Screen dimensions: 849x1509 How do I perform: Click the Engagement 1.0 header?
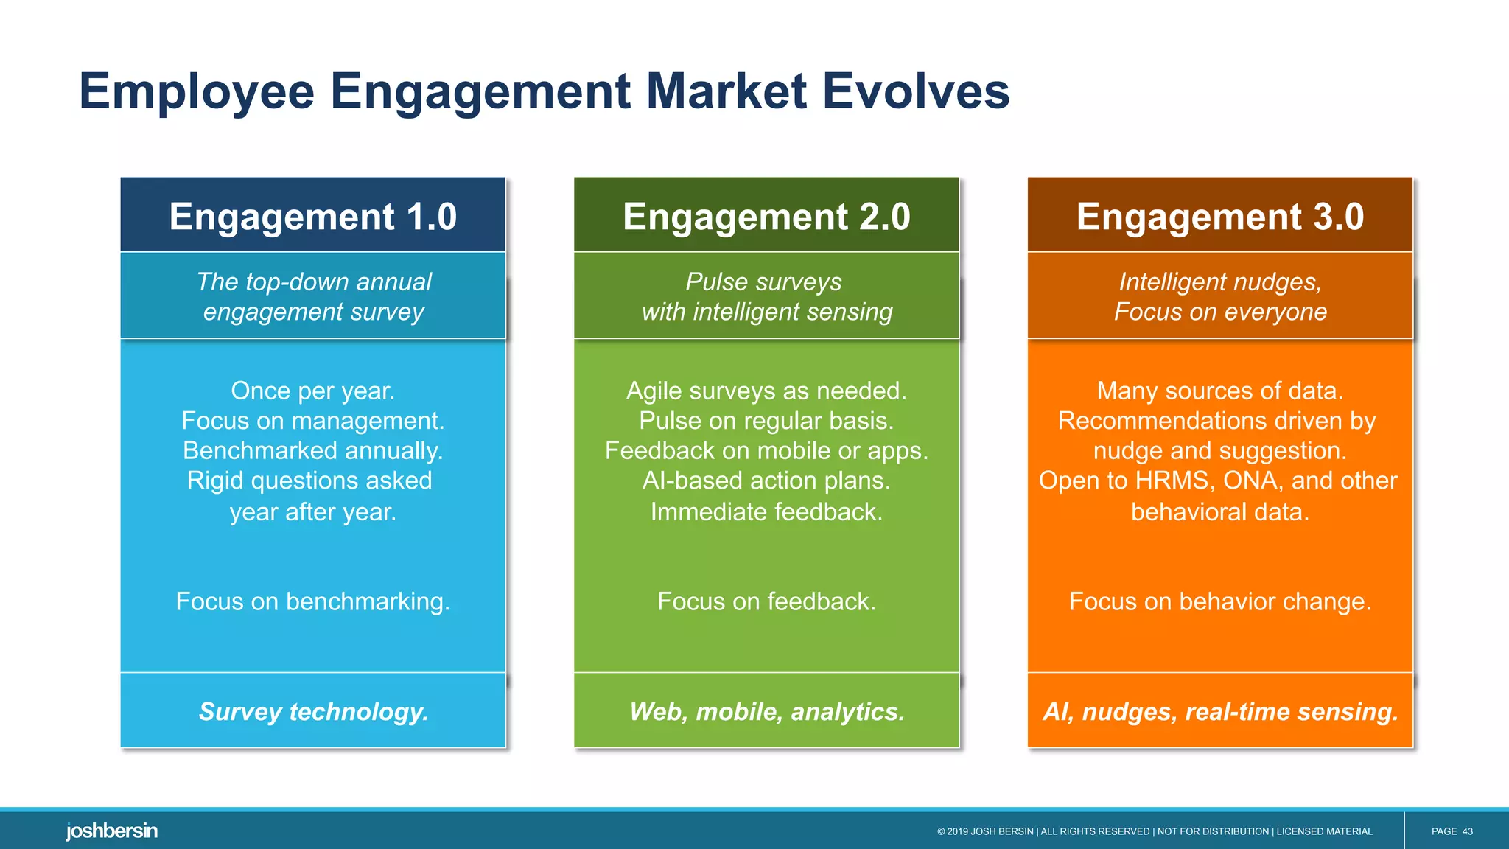click(313, 217)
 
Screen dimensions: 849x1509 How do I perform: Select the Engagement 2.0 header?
click(766, 217)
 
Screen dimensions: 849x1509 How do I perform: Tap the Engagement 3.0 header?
click(1220, 217)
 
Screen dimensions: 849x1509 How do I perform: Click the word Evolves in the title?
click(915, 91)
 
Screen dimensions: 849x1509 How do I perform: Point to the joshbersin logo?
click(111, 831)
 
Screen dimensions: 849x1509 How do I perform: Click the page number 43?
click(1467, 831)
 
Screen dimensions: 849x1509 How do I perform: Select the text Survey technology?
click(313, 711)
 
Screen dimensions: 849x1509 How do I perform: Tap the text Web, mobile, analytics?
click(766, 711)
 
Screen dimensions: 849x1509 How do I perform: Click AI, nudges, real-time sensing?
click(1220, 711)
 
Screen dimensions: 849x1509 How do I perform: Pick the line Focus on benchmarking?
click(312, 601)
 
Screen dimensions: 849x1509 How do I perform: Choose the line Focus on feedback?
click(766, 601)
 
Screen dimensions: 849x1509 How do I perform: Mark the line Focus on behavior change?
click(1220, 601)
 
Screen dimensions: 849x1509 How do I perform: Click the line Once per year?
click(312, 391)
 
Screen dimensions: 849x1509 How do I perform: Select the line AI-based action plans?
click(766, 481)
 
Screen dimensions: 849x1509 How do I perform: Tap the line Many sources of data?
click(1220, 391)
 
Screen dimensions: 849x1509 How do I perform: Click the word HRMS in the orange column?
click(1174, 481)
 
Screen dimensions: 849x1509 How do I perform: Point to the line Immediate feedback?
click(766, 511)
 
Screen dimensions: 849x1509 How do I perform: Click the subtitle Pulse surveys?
click(763, 282)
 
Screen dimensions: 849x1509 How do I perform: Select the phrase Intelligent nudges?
click(1220, 282)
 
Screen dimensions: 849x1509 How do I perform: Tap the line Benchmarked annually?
click(312, 450)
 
